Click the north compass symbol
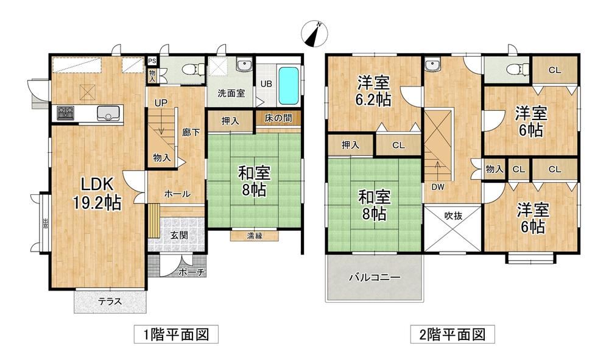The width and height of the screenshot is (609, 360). click(x=315, y=35)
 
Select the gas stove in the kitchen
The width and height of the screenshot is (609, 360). click(x=65, y=113)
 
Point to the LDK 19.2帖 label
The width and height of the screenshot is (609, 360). click(x=97, y=193)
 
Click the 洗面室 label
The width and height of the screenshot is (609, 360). click(x=231, y=93)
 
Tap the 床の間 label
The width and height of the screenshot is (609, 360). click(x=278, y=118)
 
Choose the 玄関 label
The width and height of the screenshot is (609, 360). click(x=179, y=235)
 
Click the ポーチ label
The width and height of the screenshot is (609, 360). click(x=191, y=273)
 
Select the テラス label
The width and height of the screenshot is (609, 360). click(x=110, y=301)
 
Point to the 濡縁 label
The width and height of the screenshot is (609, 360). click(x=255, y=235)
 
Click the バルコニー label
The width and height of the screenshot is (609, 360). click(x=375, y=277)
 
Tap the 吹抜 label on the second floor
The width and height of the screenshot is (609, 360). click(x=453, y=216)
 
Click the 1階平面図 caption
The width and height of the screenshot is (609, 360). click(x=177, y=334)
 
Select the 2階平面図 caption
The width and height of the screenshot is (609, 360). click(x=452, y=334)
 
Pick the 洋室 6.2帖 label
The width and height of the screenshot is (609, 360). click(x=373, y=91)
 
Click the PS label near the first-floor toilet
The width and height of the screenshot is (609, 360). click(x=152, y=61)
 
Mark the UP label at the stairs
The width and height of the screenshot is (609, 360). click(x=161, y=103)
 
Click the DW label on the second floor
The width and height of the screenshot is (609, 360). click(x=438, y=187)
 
